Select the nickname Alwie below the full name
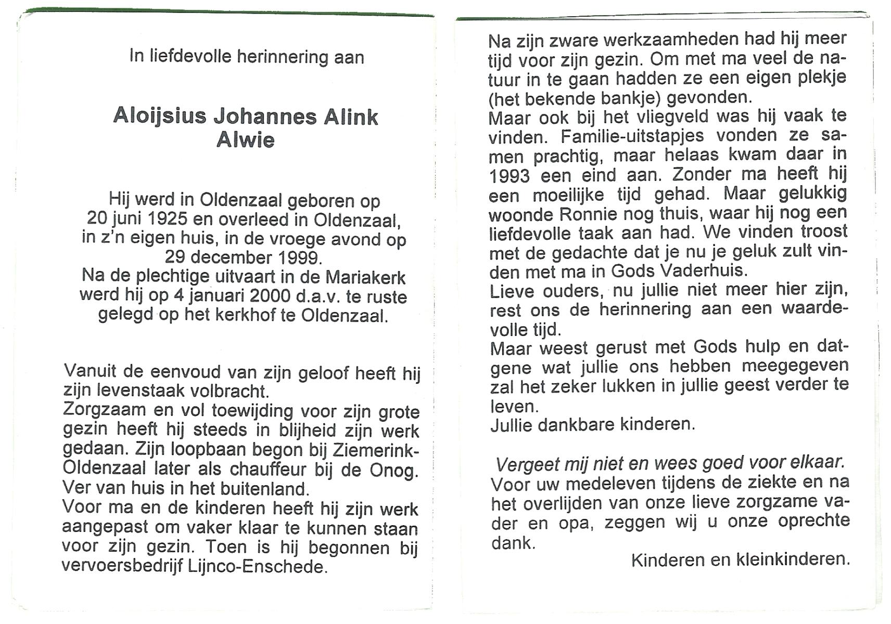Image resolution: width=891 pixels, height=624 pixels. coord(245,140)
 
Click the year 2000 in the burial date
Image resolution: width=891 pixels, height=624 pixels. coord(270,296)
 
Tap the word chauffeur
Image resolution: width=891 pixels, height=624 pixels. coord(269,470)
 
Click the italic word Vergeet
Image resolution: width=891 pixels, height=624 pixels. coord(527,464)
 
